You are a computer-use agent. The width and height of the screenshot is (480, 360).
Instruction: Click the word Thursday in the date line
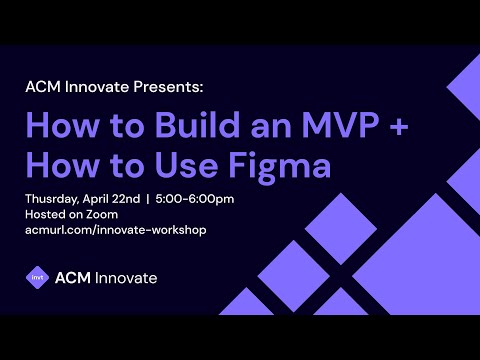coord(51,198)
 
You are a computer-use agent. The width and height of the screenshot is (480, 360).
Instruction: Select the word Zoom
coord(102,214)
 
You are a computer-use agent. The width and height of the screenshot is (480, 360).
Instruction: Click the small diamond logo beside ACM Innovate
coord(37,277)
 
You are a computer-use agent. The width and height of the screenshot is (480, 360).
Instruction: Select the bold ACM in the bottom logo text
coord(72,277)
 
